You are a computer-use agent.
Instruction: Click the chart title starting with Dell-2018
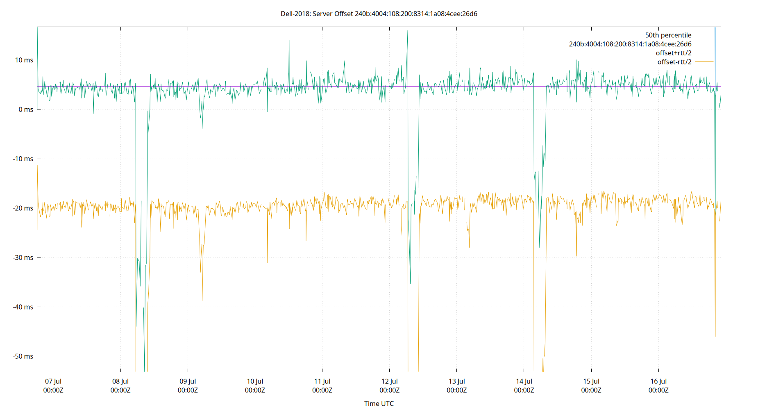pos(379,14)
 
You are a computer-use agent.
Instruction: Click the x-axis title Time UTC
pos(379,403)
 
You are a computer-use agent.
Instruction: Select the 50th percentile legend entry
pos(668,35)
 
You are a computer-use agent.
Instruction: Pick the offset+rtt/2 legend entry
pos(673,53)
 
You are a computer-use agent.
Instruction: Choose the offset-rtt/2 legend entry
pos(674,62)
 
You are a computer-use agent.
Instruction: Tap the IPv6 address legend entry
pos(630,44)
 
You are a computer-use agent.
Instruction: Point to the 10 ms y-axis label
pos(24,60)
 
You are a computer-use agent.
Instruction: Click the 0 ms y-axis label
pos(26,109)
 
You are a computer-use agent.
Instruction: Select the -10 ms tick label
pos(23,159)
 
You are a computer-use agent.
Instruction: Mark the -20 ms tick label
pos(23,208)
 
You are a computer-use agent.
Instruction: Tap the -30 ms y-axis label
pos(23,257)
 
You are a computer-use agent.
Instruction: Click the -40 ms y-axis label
pos(23,307)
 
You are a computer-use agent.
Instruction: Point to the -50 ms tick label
pos(23,356)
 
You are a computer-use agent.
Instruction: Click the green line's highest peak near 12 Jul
pos(408,31)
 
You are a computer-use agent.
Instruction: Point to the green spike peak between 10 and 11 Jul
pos(289,41)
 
